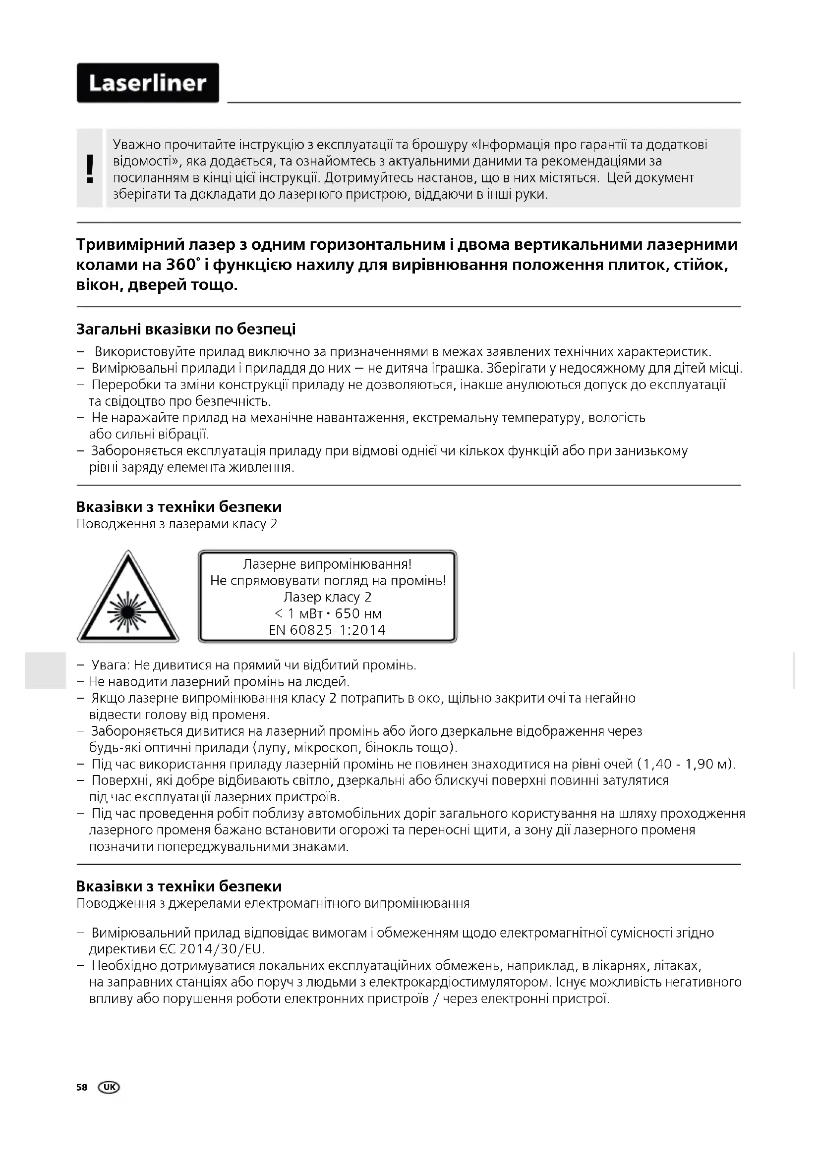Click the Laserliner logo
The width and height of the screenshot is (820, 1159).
[147, 83]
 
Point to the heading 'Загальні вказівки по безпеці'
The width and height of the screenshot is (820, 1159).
[186, 329]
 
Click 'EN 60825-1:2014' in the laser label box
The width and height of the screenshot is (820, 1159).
[328, 630]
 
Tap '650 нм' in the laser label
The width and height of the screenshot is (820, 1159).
[358, 614]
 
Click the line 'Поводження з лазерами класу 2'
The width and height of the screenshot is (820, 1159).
[176, 524]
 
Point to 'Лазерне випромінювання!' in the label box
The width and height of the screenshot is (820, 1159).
[328, 564]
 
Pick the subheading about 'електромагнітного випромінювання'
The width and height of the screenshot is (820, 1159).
[273, 904]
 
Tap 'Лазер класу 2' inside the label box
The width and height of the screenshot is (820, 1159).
[328, 597]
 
